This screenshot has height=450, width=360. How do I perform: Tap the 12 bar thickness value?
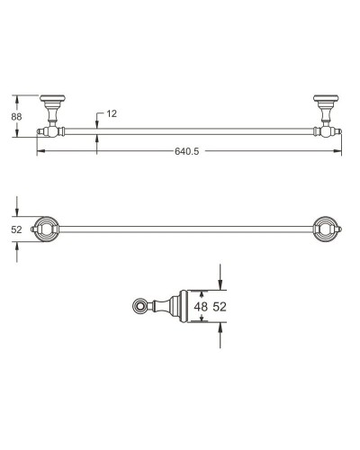112,113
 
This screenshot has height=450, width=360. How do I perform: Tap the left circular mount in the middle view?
45,230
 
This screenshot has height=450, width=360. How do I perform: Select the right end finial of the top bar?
337,131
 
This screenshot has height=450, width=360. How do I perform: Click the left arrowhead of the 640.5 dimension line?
40,151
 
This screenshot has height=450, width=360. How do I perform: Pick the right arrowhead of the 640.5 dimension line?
337,151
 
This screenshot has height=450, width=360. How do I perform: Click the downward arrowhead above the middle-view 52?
16,212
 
